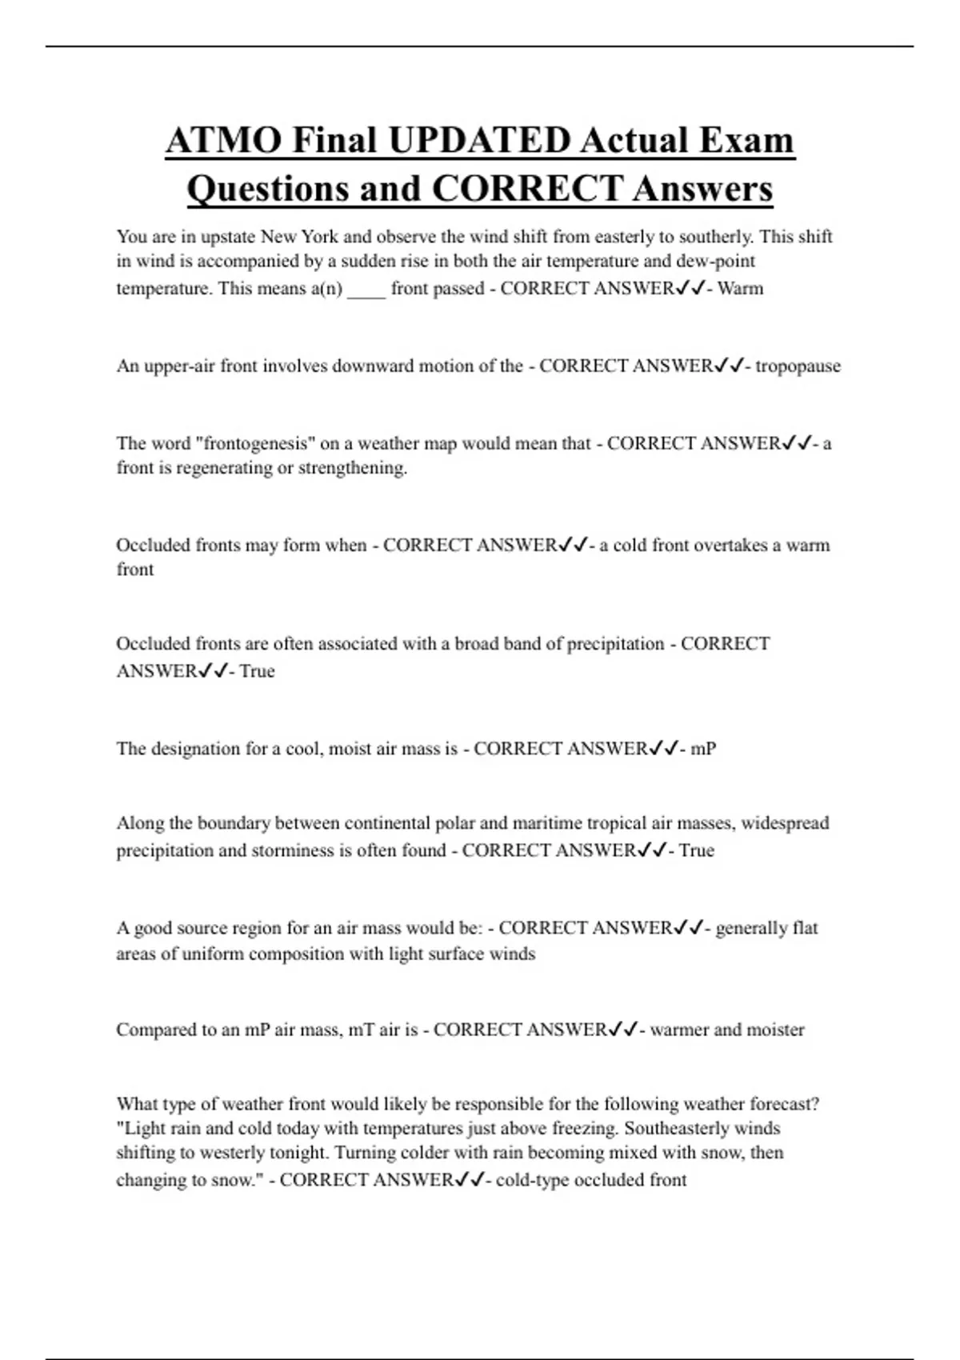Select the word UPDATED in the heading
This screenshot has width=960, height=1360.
coord(479,141)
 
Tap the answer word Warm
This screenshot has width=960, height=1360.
coord(741,289)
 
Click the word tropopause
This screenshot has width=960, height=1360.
coord(798,366)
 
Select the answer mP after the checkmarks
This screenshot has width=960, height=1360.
coord(703,750)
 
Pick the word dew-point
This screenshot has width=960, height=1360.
coord(715,262)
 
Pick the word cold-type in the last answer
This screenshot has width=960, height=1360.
coord(531,1181)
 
